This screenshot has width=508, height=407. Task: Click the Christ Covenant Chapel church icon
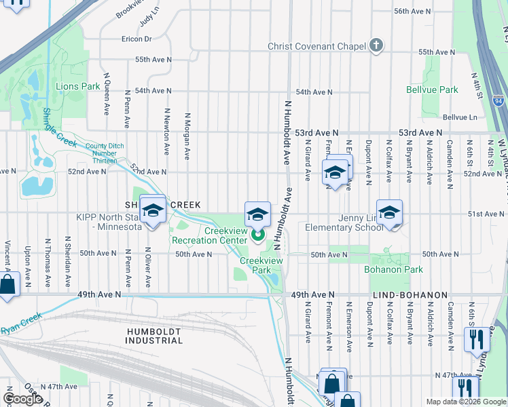376,46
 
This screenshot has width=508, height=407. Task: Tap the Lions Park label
77,86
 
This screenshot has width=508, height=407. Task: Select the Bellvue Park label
432,90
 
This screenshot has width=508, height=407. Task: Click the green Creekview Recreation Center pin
258,236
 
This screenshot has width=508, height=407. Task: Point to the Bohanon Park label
397,269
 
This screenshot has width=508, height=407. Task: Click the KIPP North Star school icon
153,210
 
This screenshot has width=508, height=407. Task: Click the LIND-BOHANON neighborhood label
410,295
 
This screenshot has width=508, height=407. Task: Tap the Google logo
22,398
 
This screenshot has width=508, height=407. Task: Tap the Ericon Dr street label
137,39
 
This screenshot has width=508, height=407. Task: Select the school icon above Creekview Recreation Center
257,215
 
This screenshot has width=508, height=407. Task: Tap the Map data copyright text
465,402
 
